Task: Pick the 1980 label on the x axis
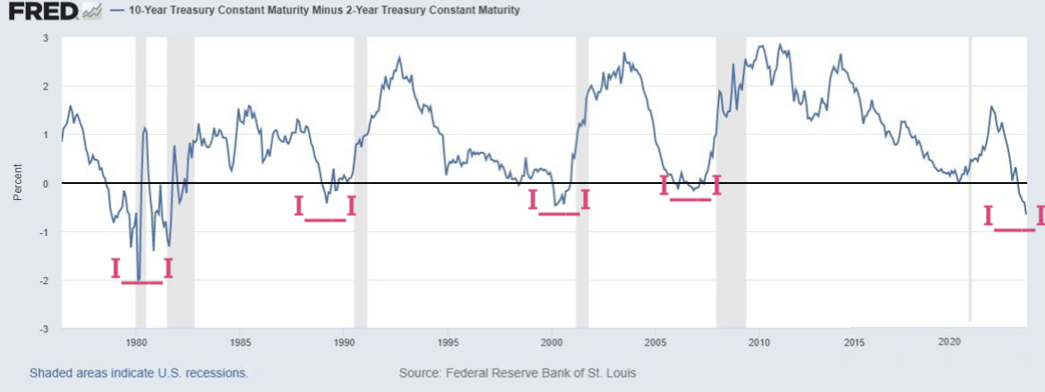coord(136,343)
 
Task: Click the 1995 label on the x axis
coord(448,343)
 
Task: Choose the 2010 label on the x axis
coord(759,343)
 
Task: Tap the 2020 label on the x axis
coord(949,343)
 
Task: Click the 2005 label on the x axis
coord(656,343)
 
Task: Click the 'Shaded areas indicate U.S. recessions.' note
coord(138,372)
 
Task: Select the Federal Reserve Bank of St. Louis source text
coord(517,372)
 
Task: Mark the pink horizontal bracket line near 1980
coord(142,282)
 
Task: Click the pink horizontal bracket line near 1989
coord(324,220)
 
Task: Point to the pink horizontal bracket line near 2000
coord(559,213)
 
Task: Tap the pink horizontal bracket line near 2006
coord(690,199)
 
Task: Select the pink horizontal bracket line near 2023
coord(1015,230)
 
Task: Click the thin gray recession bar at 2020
coord(971,179)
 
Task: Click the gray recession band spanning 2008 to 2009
coord(731,179)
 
